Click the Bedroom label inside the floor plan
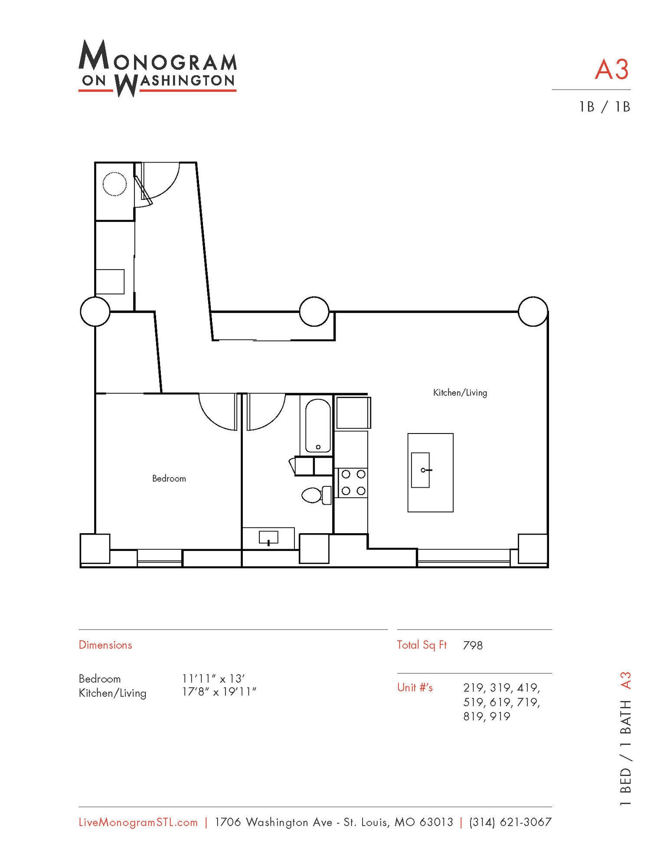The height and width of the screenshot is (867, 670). point(169,479)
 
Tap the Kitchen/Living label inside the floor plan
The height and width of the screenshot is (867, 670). point(460,393)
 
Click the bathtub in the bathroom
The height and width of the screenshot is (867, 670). point(317,426)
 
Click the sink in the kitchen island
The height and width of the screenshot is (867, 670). point(420,470)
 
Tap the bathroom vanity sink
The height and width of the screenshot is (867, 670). point(268,538)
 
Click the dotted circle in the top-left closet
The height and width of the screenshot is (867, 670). point(115,184)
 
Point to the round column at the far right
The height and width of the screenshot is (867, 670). point(533,311)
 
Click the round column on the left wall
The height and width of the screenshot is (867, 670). point(95,311)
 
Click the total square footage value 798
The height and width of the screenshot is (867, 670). point(473,645)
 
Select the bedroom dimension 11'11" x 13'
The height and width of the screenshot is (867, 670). point(213,678)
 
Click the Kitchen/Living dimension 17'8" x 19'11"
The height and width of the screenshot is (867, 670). point(219,692)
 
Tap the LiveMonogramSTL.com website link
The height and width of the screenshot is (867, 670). point(138,822)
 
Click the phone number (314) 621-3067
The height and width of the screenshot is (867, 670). point(510,822)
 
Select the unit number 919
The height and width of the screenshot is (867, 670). point(500,717)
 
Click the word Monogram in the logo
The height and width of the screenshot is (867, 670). point(157,58)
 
